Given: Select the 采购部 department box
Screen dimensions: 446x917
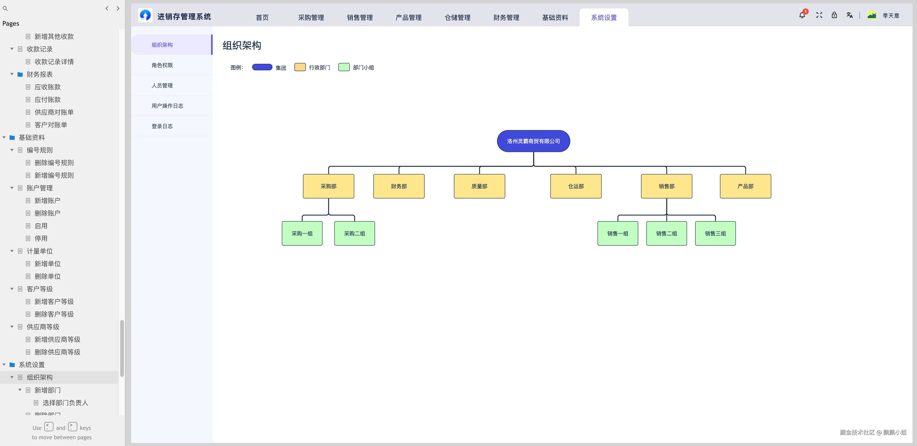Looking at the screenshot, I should pyautogui.click(x=328, y=186).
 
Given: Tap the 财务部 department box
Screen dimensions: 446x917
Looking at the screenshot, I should pyautogui.click(x=399, y=186).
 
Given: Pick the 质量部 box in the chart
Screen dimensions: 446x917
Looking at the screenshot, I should pyautogui.click(x=479, y=186).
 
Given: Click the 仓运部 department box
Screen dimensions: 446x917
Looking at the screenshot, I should pyautogui.click(x=576, y=186).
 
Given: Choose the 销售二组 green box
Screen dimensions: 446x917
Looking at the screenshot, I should pyautogui.click(x=666, y=234).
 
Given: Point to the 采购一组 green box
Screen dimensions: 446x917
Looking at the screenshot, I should pyautogui.click(x=302, y=234).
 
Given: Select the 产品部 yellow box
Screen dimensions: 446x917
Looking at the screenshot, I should pyautogui.click(x=745, y=186).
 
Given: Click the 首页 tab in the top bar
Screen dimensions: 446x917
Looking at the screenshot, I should pyautogui.click(x=262, y=18).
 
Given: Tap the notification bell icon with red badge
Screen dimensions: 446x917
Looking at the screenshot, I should pyautogui.click(x=802, y=15).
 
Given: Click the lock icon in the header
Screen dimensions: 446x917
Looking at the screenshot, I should pyautogui.click(x=834, y=15).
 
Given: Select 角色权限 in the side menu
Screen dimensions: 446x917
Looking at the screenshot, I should pyautogui.click(x=162, y=65).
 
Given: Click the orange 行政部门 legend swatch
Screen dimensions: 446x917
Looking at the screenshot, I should pyautogui.click(x=300, y=67).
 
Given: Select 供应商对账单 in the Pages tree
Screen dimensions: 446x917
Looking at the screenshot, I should pyautogui.click(x=54, y=112).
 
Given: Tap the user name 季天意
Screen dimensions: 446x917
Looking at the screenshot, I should pyautogui.click(x=891, y=16).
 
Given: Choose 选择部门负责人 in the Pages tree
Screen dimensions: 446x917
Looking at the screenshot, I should pyautogui.click(x=65, y=403).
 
